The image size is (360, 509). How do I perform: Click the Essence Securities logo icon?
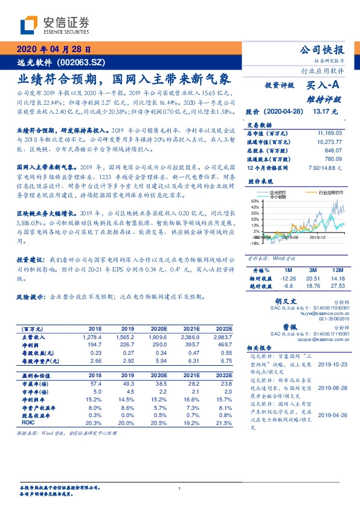coord(29,27)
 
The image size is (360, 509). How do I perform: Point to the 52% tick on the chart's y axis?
coord(256,201)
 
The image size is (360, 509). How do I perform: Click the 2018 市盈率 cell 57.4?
coord(95,383)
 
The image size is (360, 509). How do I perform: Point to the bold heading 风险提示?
coord(30,297)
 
